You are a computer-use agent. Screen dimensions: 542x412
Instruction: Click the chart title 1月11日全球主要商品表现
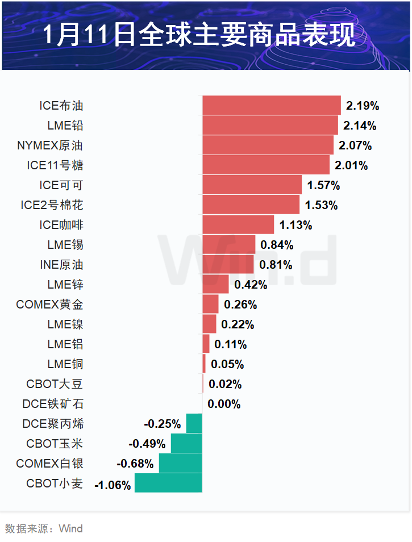(199, 35)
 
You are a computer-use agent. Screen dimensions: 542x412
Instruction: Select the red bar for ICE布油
(271, 106)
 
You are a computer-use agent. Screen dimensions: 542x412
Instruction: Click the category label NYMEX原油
(50, 145)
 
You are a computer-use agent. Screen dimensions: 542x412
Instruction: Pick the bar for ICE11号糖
(265, 165)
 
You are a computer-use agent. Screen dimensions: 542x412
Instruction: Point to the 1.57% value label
(323, 185)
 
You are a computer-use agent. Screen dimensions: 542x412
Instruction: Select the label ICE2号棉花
(52, 205)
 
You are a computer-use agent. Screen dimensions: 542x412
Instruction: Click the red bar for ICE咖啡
(238, 225)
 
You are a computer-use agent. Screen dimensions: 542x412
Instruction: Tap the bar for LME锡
(228, 245)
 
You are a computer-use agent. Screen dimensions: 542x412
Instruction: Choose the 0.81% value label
(276, 265)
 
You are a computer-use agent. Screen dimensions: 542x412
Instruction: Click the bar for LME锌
(215, 285)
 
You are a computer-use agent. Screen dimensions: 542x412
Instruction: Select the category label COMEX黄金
(49, 305)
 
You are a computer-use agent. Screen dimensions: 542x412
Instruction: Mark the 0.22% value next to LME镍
(238, 324)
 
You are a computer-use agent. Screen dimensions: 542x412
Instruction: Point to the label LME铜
(65, 364)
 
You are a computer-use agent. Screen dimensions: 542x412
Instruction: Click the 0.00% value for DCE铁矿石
(224, 404)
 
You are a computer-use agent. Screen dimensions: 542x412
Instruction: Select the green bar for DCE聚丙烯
(194, 424)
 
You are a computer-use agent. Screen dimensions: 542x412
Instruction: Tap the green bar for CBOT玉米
(186, 444)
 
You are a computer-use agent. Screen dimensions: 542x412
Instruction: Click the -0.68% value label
(135, 464)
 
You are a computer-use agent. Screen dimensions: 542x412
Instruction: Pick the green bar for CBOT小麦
(168, 483)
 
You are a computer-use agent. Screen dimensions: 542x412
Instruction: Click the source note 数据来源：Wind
(44, 529)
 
